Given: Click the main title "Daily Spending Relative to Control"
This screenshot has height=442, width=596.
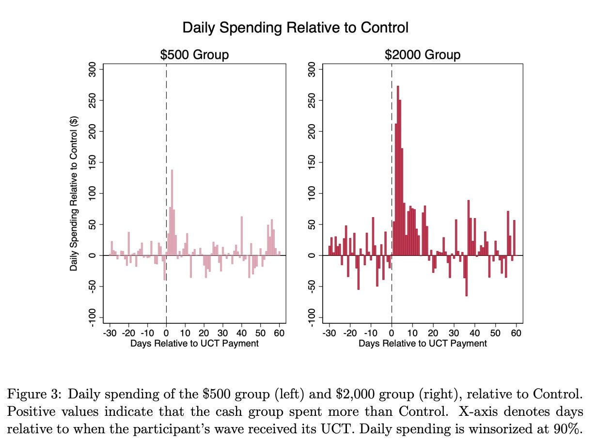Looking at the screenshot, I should coord(295,28).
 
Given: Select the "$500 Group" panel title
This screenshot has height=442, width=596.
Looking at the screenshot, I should coord(194,55).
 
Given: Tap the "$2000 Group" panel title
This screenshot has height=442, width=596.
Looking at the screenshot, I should coord(423,55).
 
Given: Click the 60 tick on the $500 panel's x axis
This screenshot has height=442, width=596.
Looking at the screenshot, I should coord(279,333).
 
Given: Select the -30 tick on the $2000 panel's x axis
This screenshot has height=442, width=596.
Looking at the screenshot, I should coord(329,333).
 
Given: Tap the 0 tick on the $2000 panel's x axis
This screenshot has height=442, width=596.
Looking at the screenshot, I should coord(392,333).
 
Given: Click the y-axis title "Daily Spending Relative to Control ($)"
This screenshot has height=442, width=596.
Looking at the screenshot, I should coord(74,194).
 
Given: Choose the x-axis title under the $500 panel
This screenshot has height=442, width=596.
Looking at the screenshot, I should coord(194,344).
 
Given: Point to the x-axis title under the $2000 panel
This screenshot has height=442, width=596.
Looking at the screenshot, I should coord(423,344).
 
